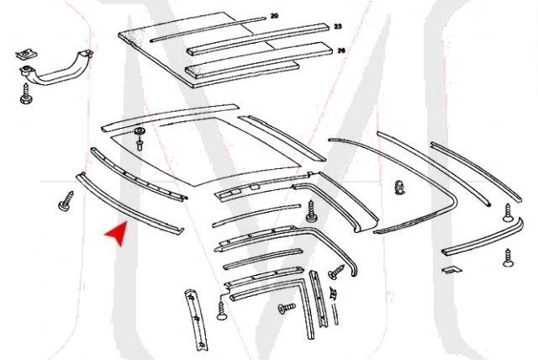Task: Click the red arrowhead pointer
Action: click(116, 234)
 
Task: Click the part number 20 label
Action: click(274, 16)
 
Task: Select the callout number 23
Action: click(337, 27)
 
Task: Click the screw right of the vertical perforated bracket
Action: click(222, 312)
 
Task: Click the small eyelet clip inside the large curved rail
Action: click(400, 186)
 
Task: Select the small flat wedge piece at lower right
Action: click(451, 269)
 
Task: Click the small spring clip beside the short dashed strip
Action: click(335, 293)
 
